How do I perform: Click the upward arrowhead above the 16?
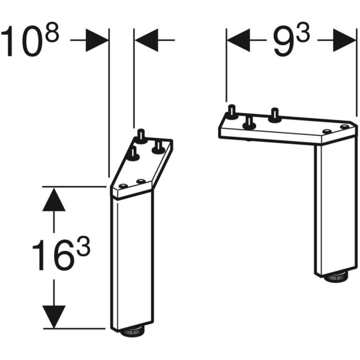53,199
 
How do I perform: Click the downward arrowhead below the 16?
53,315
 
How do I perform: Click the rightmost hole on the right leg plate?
344,127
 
